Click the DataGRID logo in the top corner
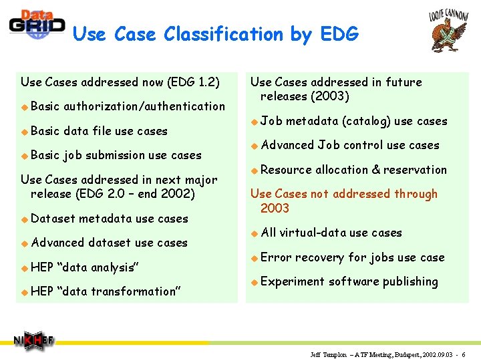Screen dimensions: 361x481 point(37,25)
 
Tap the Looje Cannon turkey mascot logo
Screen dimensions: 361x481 point(448,33)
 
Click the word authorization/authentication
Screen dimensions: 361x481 point(144,106)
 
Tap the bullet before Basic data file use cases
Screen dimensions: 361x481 point(24,131)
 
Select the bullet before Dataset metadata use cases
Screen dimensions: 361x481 point(24,219)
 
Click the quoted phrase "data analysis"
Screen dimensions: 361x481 point(98,267)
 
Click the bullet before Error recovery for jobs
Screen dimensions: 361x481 point(254,257)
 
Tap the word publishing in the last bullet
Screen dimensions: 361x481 point(410,281)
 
